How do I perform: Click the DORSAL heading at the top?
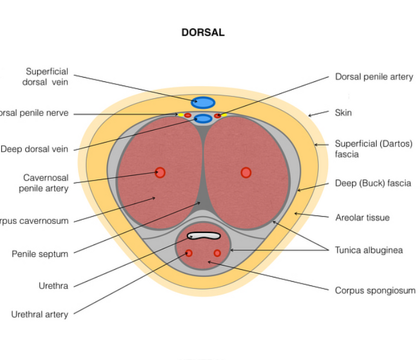[x=203, y=33]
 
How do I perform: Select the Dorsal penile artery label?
[x=374, y=76]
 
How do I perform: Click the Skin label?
[x=343, y=113]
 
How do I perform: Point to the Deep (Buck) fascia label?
[x=373, y=184]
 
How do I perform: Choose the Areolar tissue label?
[x=362, y=217]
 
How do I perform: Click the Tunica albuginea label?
[x=368, y=250]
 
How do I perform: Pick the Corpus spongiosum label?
[x=374, y=290]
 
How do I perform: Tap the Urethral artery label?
[x=40, y=314]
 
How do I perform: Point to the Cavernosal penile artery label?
[x=46, y=183]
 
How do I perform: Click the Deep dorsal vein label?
[x=34, y=149]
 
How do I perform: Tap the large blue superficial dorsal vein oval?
[x=203, y=103]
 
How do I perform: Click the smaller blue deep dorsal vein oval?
[x=203, y=119]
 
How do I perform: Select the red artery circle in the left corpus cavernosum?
[x=160, y=173]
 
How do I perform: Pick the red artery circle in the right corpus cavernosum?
[x=246, y=173]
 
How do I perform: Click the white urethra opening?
[x=203, y=236]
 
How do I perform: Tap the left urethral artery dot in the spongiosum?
[x=188, y=253]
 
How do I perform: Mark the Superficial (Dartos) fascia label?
[x=373, y=149]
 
